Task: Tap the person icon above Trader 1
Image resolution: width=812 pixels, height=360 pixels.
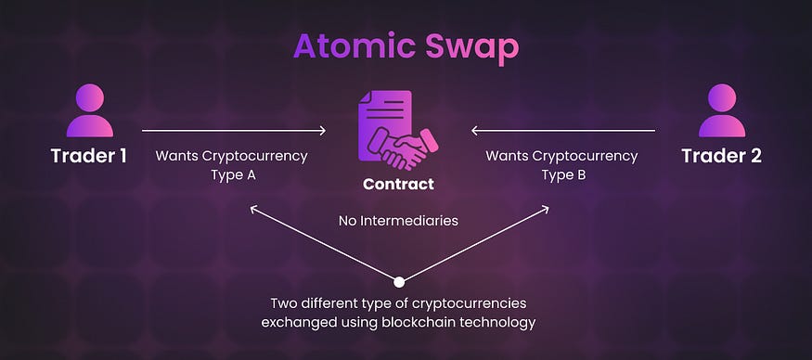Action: point(89,111)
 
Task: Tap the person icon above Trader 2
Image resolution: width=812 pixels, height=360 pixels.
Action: point(722,111)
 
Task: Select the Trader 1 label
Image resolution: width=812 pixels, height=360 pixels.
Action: point(89,156)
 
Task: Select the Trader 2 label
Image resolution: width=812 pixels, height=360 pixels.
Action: point(722,156)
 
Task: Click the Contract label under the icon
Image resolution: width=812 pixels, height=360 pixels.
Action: point(398,184)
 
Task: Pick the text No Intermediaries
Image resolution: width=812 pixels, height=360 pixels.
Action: point(398,221)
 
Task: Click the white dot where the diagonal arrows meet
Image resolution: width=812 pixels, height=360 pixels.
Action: point(399,281)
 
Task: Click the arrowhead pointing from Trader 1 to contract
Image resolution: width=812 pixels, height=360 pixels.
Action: point(322,131)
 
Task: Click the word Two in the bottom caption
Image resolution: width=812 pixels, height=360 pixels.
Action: point(285,303)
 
